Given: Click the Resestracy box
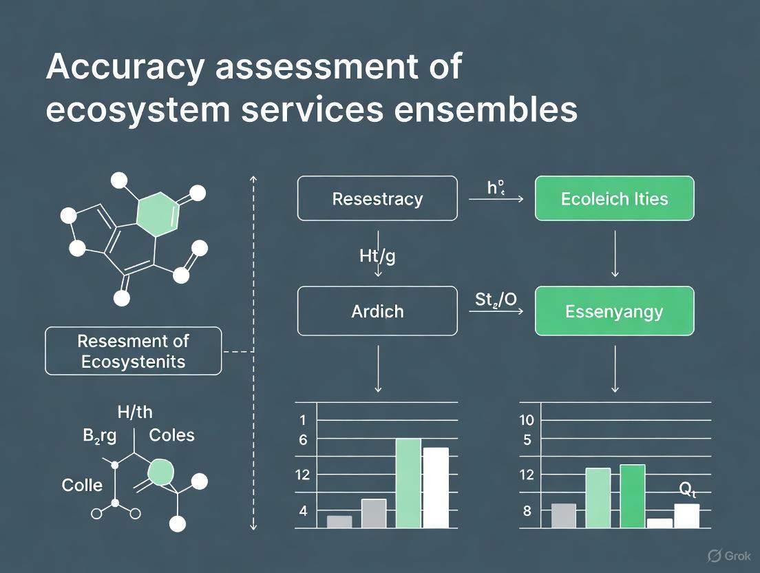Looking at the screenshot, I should click(377, 199).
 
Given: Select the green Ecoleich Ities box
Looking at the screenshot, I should click(614, 199).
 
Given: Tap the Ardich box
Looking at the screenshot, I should click(377, 311).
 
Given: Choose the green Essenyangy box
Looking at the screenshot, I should click(614, 311).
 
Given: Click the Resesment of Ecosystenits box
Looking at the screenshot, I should click(134, 351).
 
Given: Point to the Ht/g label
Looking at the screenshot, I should click(378, 257).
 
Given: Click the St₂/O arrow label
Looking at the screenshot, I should click(496, 300).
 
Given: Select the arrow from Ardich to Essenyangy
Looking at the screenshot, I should click(496, 312).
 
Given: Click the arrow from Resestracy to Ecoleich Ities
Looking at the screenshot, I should click(496, 199).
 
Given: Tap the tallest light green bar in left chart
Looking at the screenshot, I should click(408, 483).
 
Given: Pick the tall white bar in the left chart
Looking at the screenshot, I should click(436, 488).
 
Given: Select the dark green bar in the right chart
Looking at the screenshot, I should click(633, 496).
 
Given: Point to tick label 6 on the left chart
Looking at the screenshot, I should click(303, 439).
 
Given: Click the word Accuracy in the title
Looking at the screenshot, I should click(125, 67).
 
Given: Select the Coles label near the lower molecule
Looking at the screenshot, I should click(171, 435).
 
